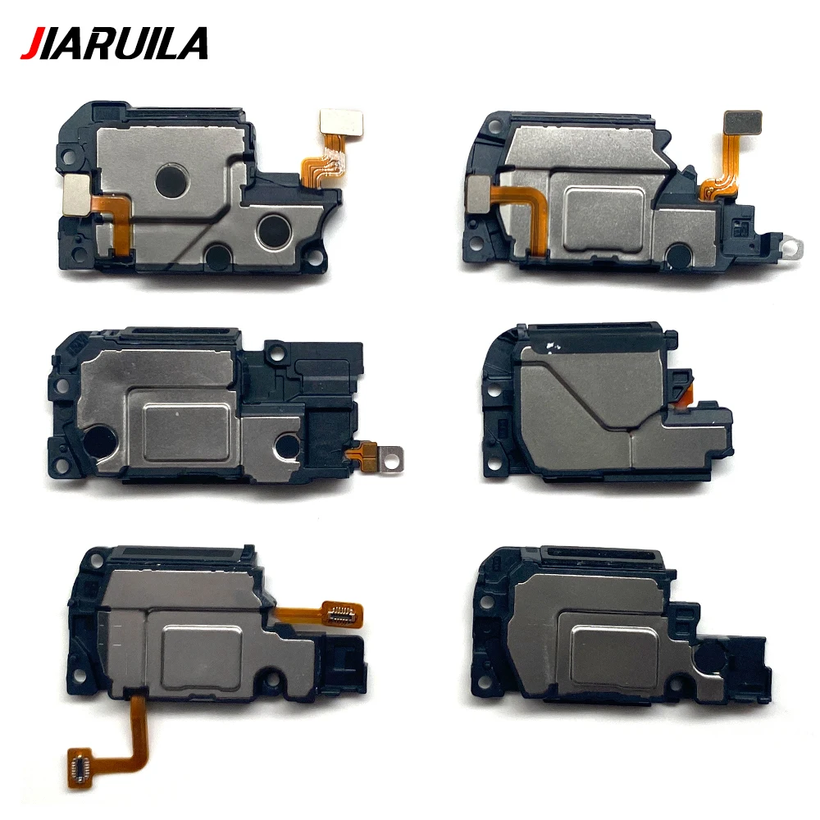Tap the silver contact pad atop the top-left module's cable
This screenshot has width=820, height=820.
pyautogui.click(x=332, y=122)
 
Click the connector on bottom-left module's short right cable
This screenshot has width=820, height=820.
pyautogui.click(x=343, y=611)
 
